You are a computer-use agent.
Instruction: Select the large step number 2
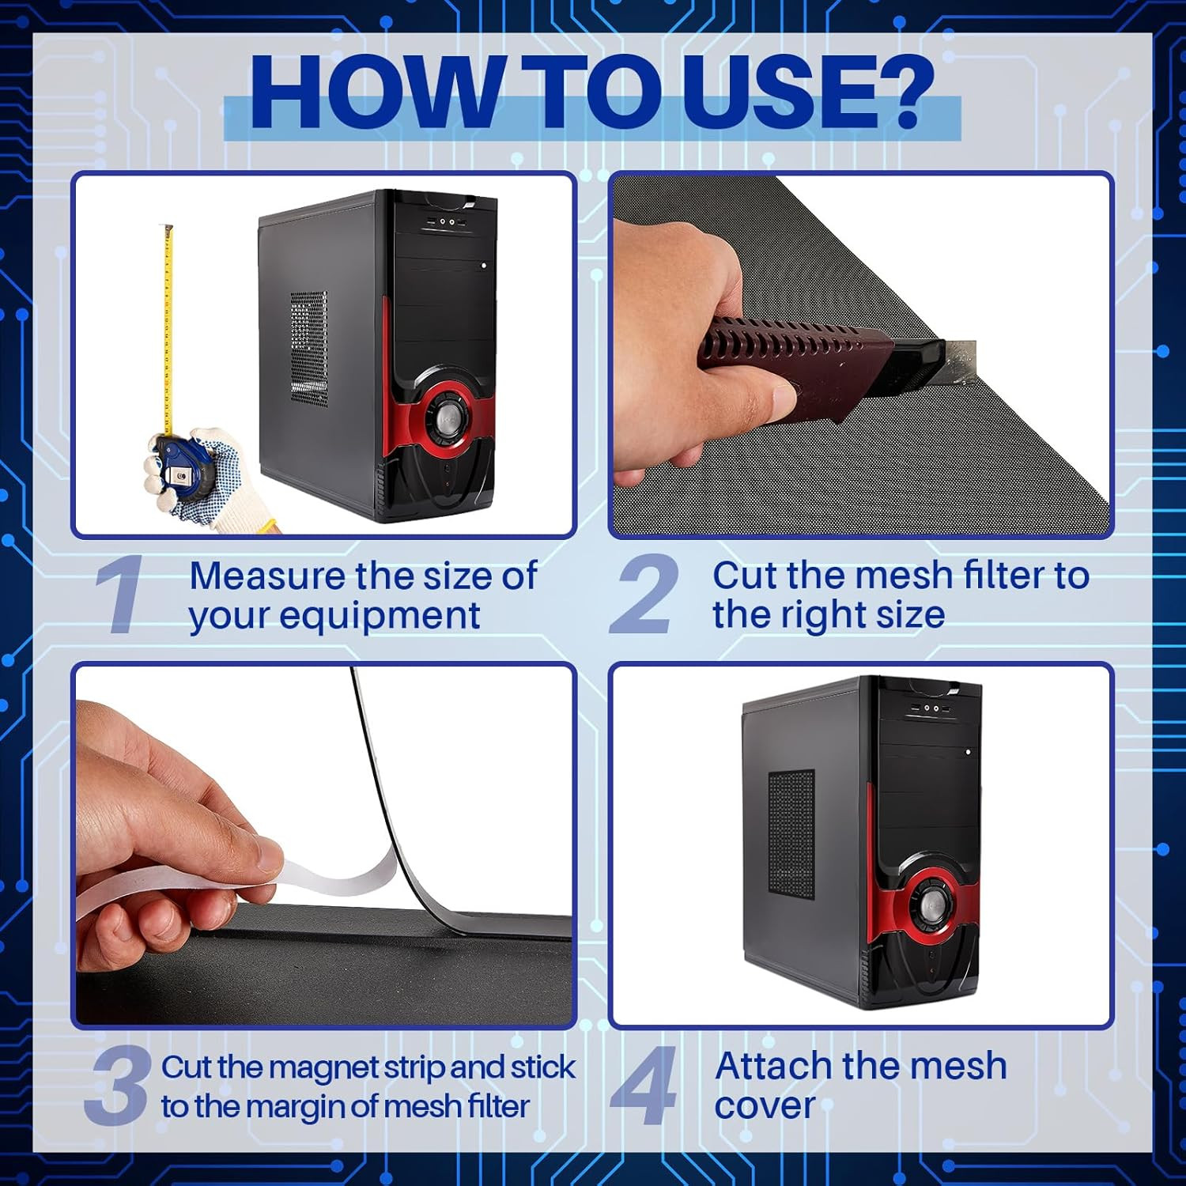pos(644,594)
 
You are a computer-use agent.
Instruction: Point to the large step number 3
pos(119,1085)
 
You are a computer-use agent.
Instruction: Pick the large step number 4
pos(644,1085)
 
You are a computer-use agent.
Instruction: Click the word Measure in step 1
pos(268,576)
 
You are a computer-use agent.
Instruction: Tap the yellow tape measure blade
pos(168,331)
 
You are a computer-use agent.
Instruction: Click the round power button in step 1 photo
pos(448,416)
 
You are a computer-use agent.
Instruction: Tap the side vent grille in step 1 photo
pos(308,349)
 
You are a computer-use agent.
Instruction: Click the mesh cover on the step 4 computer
pos(791,835)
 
